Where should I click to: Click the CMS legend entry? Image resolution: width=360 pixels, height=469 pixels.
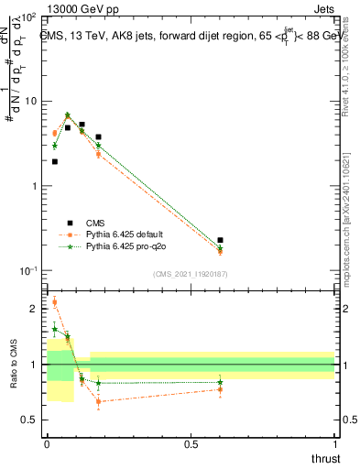(95, 223)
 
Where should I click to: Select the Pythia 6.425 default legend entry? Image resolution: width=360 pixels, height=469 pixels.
(122, 234)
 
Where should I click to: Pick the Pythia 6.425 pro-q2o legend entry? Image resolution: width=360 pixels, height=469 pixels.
(122, 246)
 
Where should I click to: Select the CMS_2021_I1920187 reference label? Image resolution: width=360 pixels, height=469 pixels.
(190, 274)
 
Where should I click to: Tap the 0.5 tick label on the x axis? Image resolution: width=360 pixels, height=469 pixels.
(190, 444)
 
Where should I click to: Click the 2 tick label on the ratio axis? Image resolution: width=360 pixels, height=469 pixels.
(34, 309)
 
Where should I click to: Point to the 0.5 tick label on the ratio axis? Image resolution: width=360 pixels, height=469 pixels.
(31, 420)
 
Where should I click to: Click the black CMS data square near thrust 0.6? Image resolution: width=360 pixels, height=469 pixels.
(220, 240)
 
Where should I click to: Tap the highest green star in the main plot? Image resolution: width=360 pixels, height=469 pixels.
(68, 115)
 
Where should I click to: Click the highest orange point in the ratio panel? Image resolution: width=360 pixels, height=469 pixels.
(54, 302)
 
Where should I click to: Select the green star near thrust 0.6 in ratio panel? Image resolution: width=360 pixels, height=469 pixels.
(220, 382)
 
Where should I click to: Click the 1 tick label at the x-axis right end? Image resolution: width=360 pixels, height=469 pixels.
(334, 444)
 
